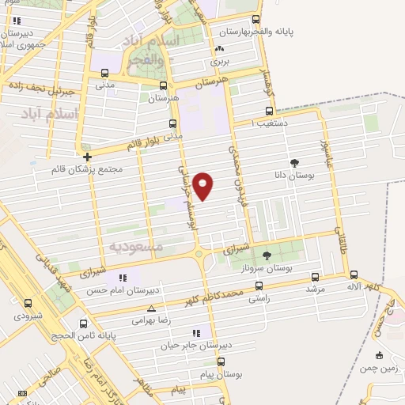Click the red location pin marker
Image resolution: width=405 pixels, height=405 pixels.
pos(203,184)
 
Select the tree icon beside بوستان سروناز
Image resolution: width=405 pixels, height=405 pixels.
pos(267,255)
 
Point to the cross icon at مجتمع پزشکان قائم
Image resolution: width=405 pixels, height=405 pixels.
pos(87,156)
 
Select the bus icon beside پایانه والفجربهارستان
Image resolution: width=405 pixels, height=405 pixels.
pos(254,20)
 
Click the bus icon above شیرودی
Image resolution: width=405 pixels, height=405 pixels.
pos(28,302)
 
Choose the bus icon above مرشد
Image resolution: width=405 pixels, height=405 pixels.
pos(316,276)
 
